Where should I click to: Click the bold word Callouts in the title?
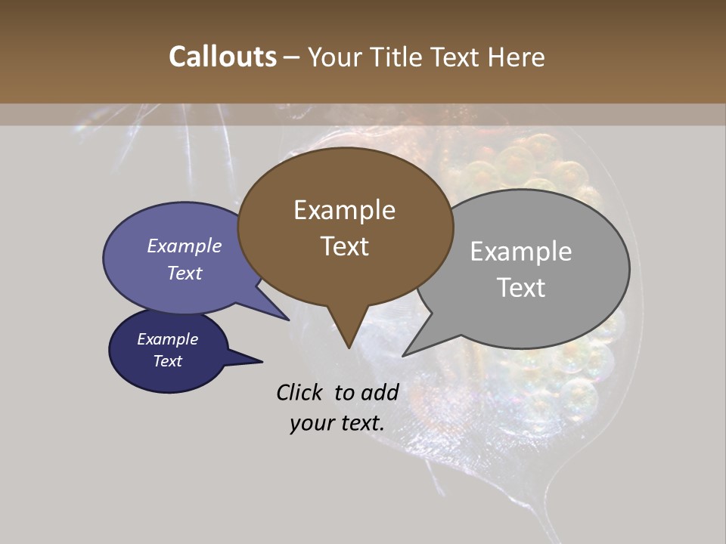[222, 57]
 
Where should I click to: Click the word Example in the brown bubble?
[344, 210]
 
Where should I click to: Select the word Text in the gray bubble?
[521, 288]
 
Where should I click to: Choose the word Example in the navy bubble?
[167, 339]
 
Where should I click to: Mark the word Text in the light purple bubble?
[185, 273]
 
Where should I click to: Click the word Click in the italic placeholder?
[300, 392]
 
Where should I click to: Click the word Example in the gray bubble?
[521, 252]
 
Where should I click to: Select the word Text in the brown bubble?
[345, 246]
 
